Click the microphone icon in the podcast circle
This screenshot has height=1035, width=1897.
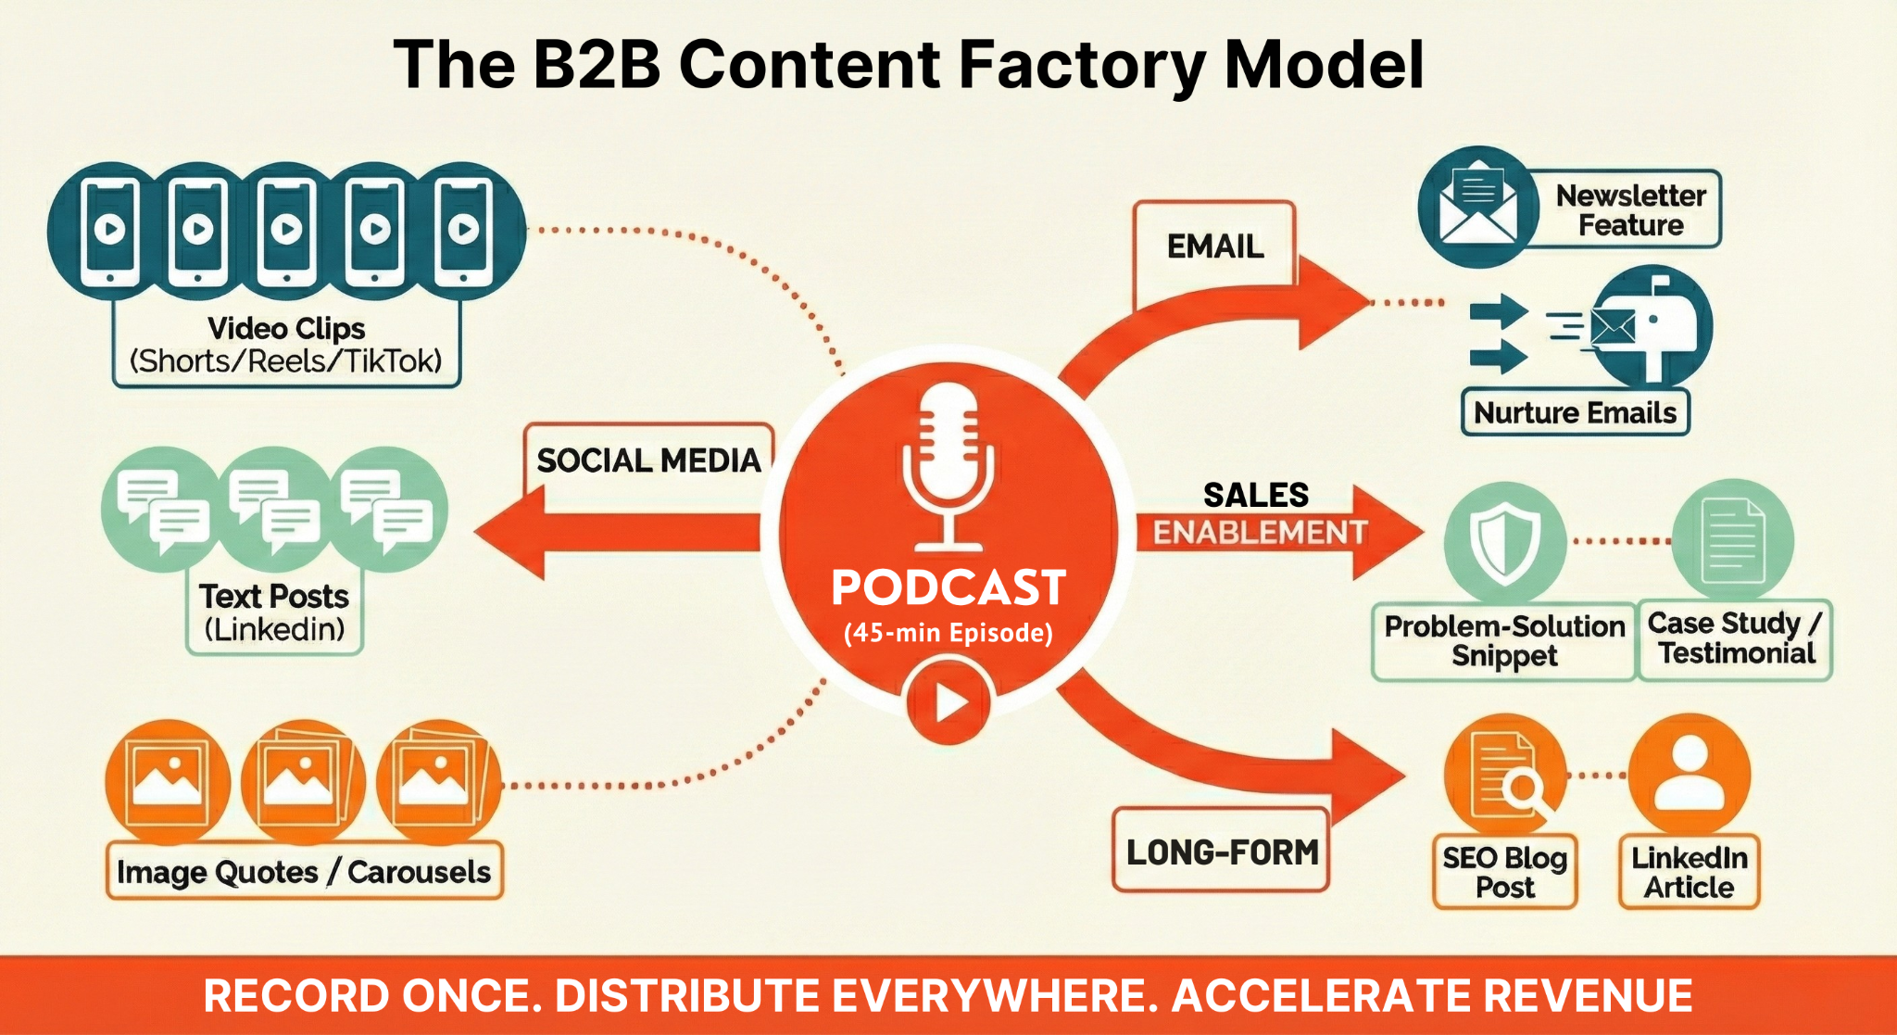(x=948, y=463)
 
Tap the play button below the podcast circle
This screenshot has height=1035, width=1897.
(x=948, y=702)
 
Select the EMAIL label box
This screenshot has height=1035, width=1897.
(x=1214, y=246)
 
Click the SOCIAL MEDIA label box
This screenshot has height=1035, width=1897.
(x=648, y=461)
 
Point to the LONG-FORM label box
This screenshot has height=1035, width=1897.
(x=1222, y=852)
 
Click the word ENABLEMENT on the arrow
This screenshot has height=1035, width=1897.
(x=1260, y=533)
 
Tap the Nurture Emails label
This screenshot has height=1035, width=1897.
(x=1575, y=412)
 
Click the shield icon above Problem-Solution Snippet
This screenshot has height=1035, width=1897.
(x=1504, y=542)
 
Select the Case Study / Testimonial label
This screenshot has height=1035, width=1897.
(x=1735, y=639)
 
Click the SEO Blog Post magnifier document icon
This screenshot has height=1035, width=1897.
(x=1504, y=774)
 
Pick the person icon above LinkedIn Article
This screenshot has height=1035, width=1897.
(x=1690, y=774)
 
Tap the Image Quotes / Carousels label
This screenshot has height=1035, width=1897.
(x=304, y=871)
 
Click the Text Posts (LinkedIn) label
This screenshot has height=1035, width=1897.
(x=274, y=612)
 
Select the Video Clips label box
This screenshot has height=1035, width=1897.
(x=286, y=345)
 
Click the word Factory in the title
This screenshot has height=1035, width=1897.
(x=1082, y=65)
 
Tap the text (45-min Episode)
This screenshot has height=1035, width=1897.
(x=948, y=633)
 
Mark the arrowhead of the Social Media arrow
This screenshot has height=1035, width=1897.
(x=509, y=533)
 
